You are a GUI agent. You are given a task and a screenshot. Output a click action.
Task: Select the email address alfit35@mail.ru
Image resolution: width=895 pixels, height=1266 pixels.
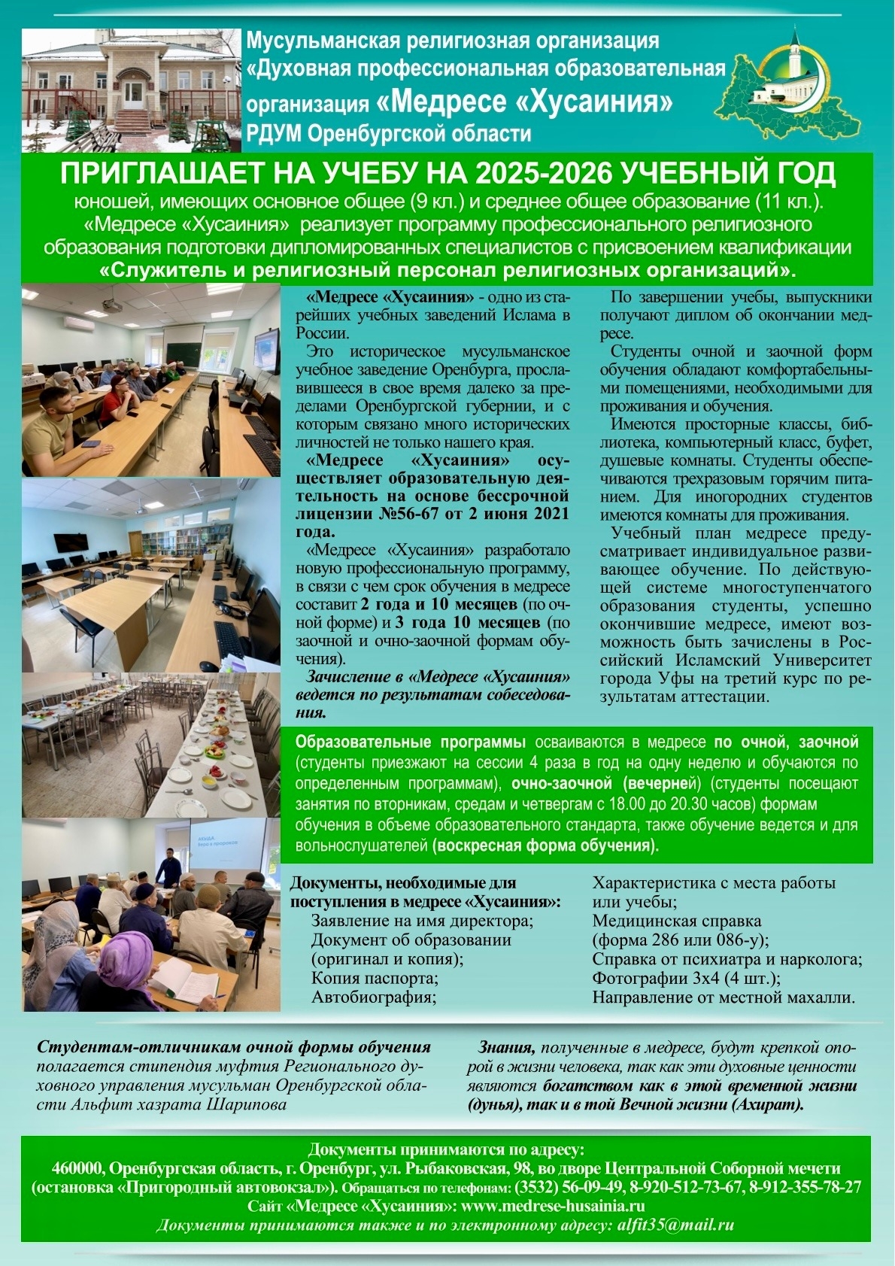click(x=675, y=1225)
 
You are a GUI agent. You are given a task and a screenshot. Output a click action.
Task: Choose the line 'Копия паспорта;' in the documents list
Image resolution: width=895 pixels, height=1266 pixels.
click(x=375, y=978)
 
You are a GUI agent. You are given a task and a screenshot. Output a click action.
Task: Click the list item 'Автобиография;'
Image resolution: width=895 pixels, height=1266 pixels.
click(x=374, y=997)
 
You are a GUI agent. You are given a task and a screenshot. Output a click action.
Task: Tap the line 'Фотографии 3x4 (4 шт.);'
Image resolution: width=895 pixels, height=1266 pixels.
click(x=686, y=978)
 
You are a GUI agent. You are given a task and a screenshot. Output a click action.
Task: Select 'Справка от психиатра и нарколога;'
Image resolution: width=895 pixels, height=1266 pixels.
click(x=727, y=959)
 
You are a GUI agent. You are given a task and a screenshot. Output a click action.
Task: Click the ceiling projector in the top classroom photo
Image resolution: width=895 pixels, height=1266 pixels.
click(x=112, y=305)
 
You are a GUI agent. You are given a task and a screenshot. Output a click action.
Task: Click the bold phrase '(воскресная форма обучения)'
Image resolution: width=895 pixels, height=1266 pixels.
click(x=545, y=845)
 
